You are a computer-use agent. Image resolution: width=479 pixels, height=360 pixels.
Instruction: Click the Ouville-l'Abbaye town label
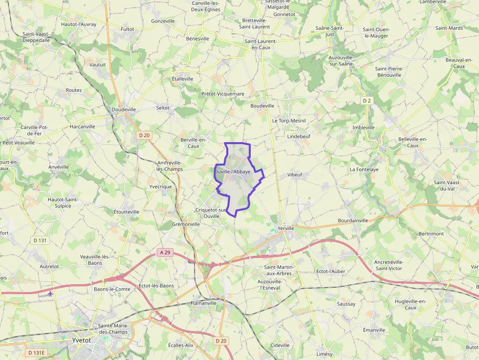pyautogui.click(x=233, y=172)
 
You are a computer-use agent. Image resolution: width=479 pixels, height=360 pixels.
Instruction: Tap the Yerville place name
pyautogui.click(x=286, y=228)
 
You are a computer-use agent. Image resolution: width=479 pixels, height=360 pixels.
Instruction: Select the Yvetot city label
pyautogui.click(x=82, y=340)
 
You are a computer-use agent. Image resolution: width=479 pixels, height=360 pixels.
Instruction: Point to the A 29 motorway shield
pyautogui.click(x=165, y=253)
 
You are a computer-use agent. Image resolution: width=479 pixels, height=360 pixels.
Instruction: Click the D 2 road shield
pyautogui.click(x=367, y=101)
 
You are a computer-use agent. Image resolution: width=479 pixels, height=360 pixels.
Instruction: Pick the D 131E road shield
pyautogui.click(x=36, y=353)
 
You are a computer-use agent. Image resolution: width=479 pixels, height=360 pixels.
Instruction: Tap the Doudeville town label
pyautogui.click(x=124, y=110)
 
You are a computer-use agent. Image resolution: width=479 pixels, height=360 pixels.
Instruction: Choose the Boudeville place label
pyautogui.click(x=262, y=106)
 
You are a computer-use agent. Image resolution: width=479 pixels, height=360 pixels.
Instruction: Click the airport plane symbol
pyautogui.click(x=52, y=294)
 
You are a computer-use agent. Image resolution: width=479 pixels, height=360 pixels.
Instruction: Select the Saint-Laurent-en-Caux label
pyautogui.click(x=261, y=44)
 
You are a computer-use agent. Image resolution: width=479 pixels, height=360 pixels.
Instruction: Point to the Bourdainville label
pyautogui.click(x=353, y=221)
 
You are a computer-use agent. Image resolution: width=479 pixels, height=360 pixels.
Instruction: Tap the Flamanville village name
pyautogui.click(x=203, y=303)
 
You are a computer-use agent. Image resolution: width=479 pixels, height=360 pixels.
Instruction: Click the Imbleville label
pyautogui.click(x=364, y=127)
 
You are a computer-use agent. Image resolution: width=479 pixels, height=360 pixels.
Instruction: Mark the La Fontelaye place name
pyautogui.click(x=364, y=169)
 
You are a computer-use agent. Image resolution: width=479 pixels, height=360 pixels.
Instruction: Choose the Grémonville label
pyautogui.click(x=186, y=224)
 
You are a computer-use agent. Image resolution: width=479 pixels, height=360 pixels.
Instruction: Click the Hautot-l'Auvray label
pyautogui.click(x=79, y=24)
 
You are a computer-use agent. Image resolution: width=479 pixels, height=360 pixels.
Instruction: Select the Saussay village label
pyautogui.click(x=346, y=304)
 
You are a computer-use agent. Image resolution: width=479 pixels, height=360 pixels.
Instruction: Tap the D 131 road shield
pyautogui.click(x=40, y=240)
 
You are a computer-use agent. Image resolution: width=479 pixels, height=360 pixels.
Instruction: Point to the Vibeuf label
pyautogui.click(x=295, y=174)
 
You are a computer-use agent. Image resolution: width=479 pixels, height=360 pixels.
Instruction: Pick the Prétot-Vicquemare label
pyautogui.click(x=223, y=93)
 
